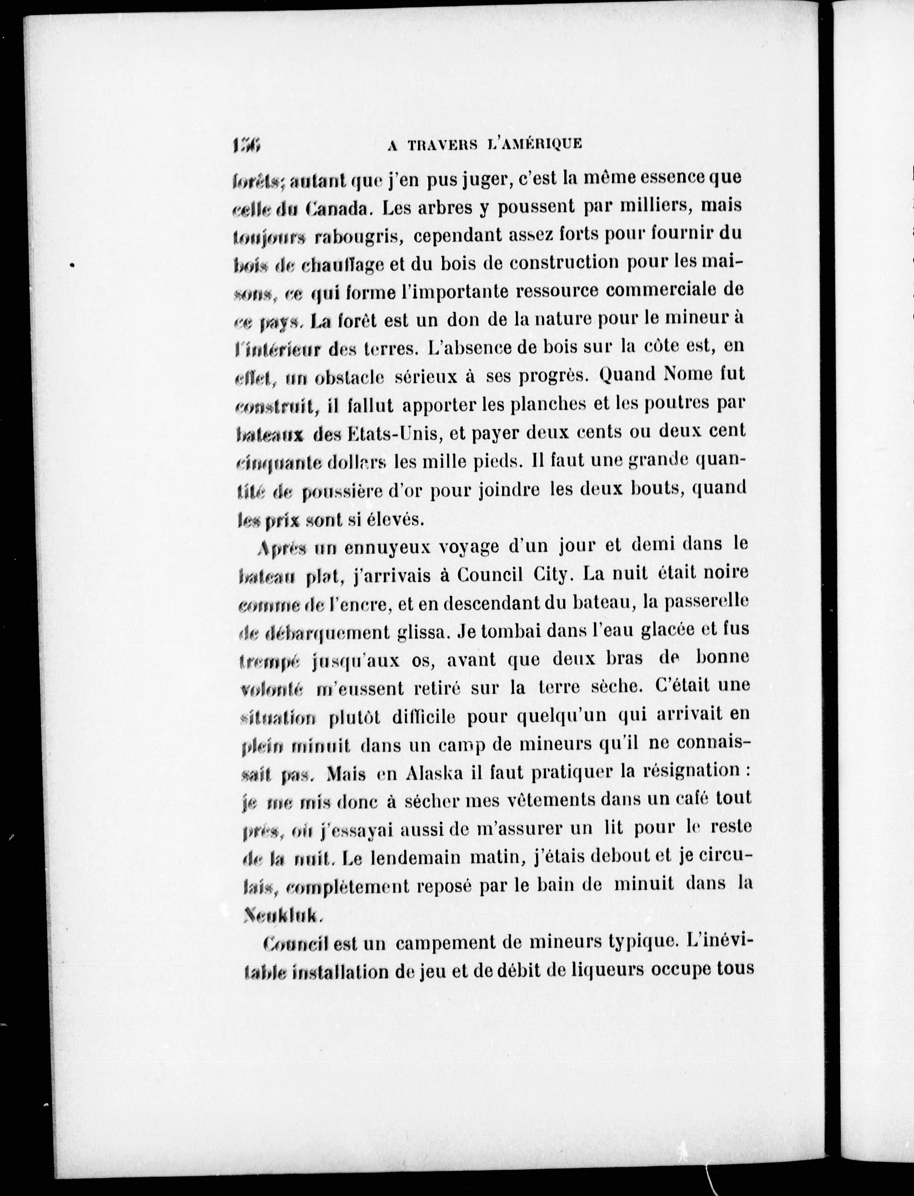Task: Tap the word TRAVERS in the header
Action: [444, 144]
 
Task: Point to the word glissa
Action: [423, 632]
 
